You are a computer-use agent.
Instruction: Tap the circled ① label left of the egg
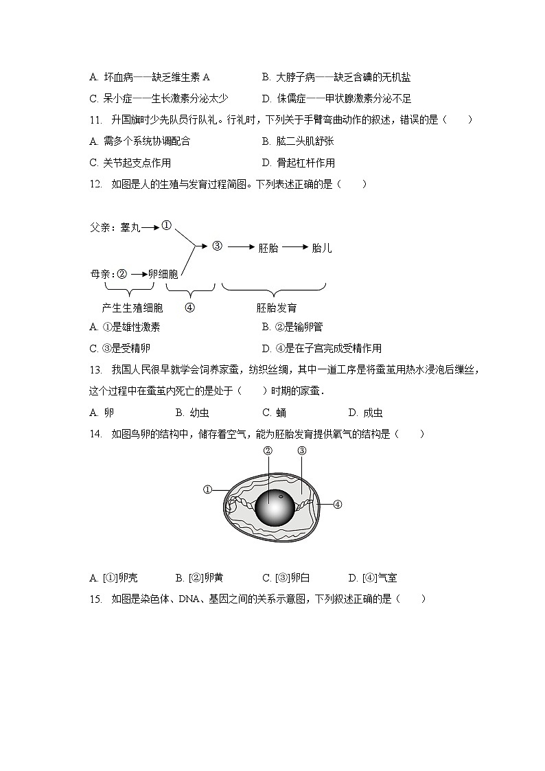click(207, 490)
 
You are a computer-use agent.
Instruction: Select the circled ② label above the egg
click(268, 451)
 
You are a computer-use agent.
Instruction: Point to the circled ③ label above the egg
click(301, 451)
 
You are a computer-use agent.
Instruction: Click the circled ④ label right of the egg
click(337, 504)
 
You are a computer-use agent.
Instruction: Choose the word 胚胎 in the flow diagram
click(268, 248)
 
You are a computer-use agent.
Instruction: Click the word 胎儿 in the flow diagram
click(321, 248)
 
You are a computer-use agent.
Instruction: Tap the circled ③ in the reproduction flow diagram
click(217, 246)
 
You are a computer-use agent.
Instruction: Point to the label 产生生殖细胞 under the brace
click(132, 308)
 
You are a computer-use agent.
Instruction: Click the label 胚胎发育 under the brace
click(277, 308)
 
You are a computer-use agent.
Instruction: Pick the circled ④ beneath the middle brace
click(190, 308)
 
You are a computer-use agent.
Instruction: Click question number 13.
click(95, 371)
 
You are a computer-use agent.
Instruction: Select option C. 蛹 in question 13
click(275, 413)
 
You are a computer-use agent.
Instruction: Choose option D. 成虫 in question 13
click(365, 413)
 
